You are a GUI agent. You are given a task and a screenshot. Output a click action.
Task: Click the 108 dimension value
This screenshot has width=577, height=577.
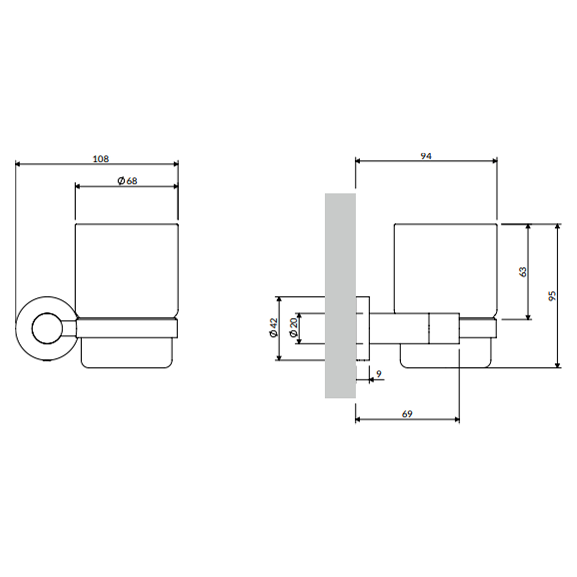(101, 159)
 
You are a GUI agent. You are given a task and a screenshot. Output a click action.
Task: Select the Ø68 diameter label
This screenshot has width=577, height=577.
(127, 181)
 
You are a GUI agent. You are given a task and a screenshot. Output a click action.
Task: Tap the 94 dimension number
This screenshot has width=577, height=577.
(426, 156)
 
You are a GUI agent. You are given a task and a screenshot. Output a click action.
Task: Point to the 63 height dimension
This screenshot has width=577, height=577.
(523, 271)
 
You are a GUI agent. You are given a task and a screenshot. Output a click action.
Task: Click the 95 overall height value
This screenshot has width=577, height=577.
(552, 295)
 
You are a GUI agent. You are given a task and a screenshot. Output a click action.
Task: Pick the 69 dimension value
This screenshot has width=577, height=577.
(407, 414)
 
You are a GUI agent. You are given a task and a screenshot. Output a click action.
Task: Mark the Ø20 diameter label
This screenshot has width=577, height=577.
(294, 328)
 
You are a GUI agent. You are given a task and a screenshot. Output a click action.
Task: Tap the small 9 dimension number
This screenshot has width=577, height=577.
(379, 374)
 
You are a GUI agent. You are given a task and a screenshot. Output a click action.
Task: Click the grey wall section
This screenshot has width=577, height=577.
(340, 296)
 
